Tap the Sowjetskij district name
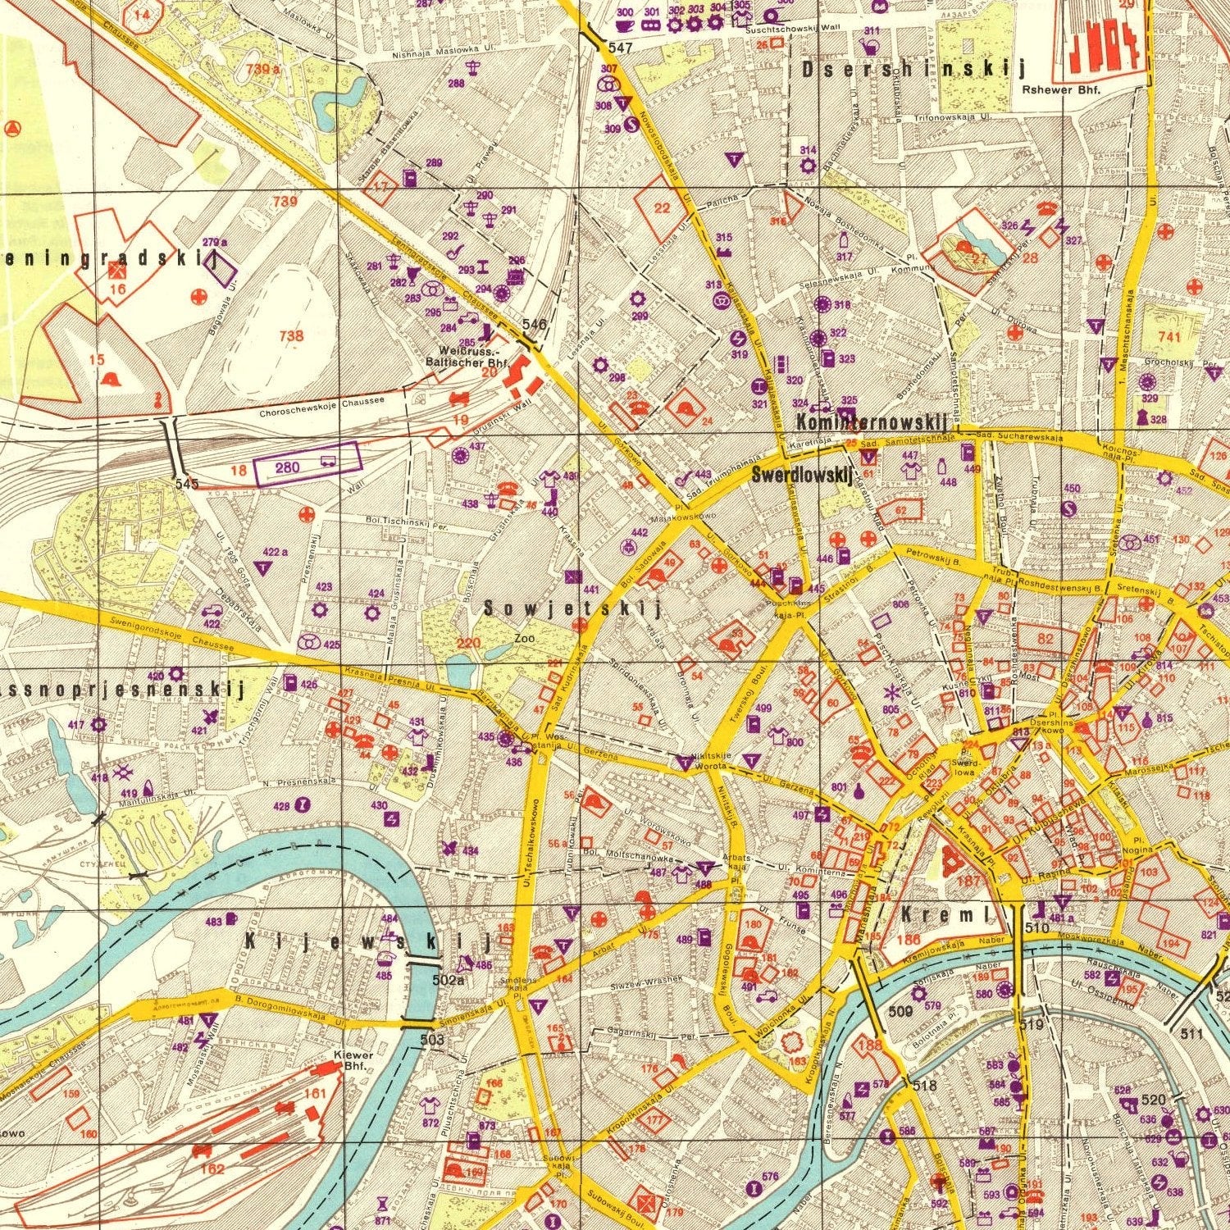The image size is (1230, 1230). coord(572,608)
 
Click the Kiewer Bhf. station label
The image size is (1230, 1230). coord(353,1060)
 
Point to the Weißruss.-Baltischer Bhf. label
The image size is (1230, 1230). coord(467,358)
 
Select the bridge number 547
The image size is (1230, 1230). coord(621,48)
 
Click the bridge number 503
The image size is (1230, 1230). coord(432,1040)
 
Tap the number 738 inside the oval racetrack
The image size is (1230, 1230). coord(291,335)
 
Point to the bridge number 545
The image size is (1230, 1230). coord(187,484)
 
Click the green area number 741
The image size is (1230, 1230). coord(1169,337)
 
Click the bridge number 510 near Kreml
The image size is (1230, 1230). coord(1036,928)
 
